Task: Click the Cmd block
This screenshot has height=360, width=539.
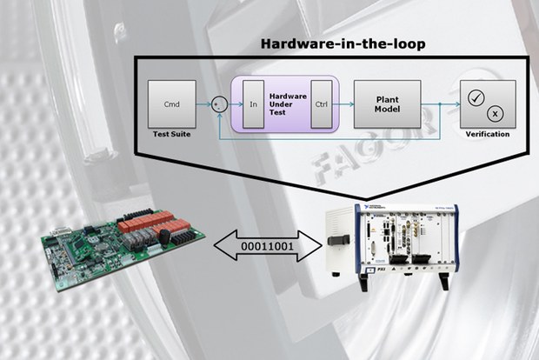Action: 171,103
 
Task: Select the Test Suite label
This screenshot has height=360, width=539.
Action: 171,135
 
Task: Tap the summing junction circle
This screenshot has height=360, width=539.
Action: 221,103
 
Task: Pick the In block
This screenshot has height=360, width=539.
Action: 254,103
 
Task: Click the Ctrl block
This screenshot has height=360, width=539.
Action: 321,103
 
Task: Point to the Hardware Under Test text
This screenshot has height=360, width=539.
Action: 287,103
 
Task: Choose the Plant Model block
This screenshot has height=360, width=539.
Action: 387,103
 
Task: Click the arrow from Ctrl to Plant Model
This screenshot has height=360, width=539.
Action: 343,103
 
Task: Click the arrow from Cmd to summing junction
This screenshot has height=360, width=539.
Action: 204,103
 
